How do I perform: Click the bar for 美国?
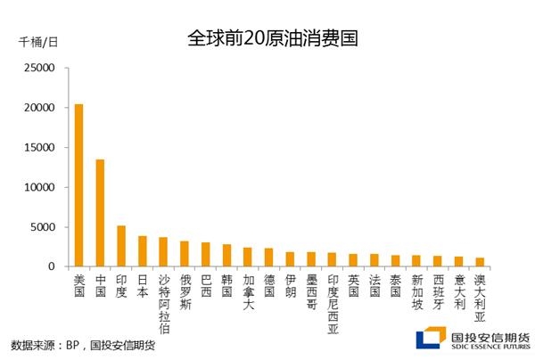[x=78, y=185]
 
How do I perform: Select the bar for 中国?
[x=100, y=213]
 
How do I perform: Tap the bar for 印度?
[x=121, y=246]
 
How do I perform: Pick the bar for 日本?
[x=143, y=251]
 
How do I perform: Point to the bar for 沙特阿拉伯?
[x=163, y=251]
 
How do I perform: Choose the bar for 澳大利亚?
[x=480, y=262]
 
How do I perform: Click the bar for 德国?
[x=268, y=257]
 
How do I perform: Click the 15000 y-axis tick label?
[x=39, y=148]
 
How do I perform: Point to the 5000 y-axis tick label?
[x=42, y=227]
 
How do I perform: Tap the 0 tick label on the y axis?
[x=52, y=266]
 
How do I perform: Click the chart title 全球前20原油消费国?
[x=273, y=37]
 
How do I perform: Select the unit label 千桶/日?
[x=38, y=42]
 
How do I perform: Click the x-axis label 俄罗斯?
[x=185, y=292]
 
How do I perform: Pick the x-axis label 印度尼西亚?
[x=333, y=304]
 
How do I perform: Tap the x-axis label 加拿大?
[x=249, y=292]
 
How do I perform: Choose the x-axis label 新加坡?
[x=417, y=292]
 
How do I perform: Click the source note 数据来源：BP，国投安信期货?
[x=83, y=345]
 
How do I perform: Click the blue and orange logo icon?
[x=431, y=338]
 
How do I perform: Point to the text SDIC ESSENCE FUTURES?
[x=490, y=347]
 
